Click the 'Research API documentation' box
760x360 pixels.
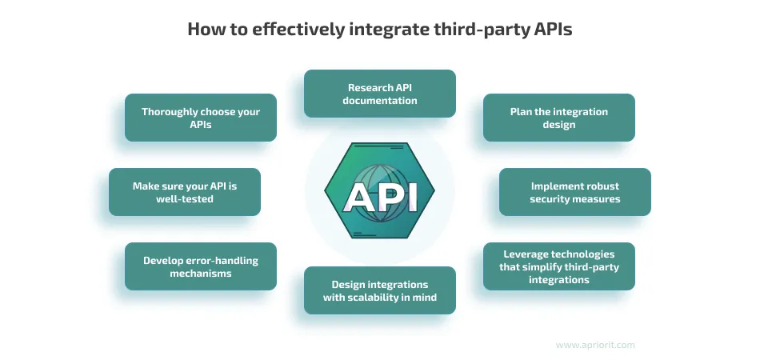(380, 94)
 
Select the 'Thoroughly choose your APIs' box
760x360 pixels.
(201, 118)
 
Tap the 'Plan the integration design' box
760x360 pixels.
(558, 118)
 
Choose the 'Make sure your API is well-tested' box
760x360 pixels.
(185, 192)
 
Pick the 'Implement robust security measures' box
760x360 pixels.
(574, 192)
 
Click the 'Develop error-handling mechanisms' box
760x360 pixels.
(201, 266)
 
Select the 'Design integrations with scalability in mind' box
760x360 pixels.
(380, 290)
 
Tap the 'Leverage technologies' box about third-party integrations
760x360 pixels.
(558, 266)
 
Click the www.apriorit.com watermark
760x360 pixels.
(594, 345)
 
